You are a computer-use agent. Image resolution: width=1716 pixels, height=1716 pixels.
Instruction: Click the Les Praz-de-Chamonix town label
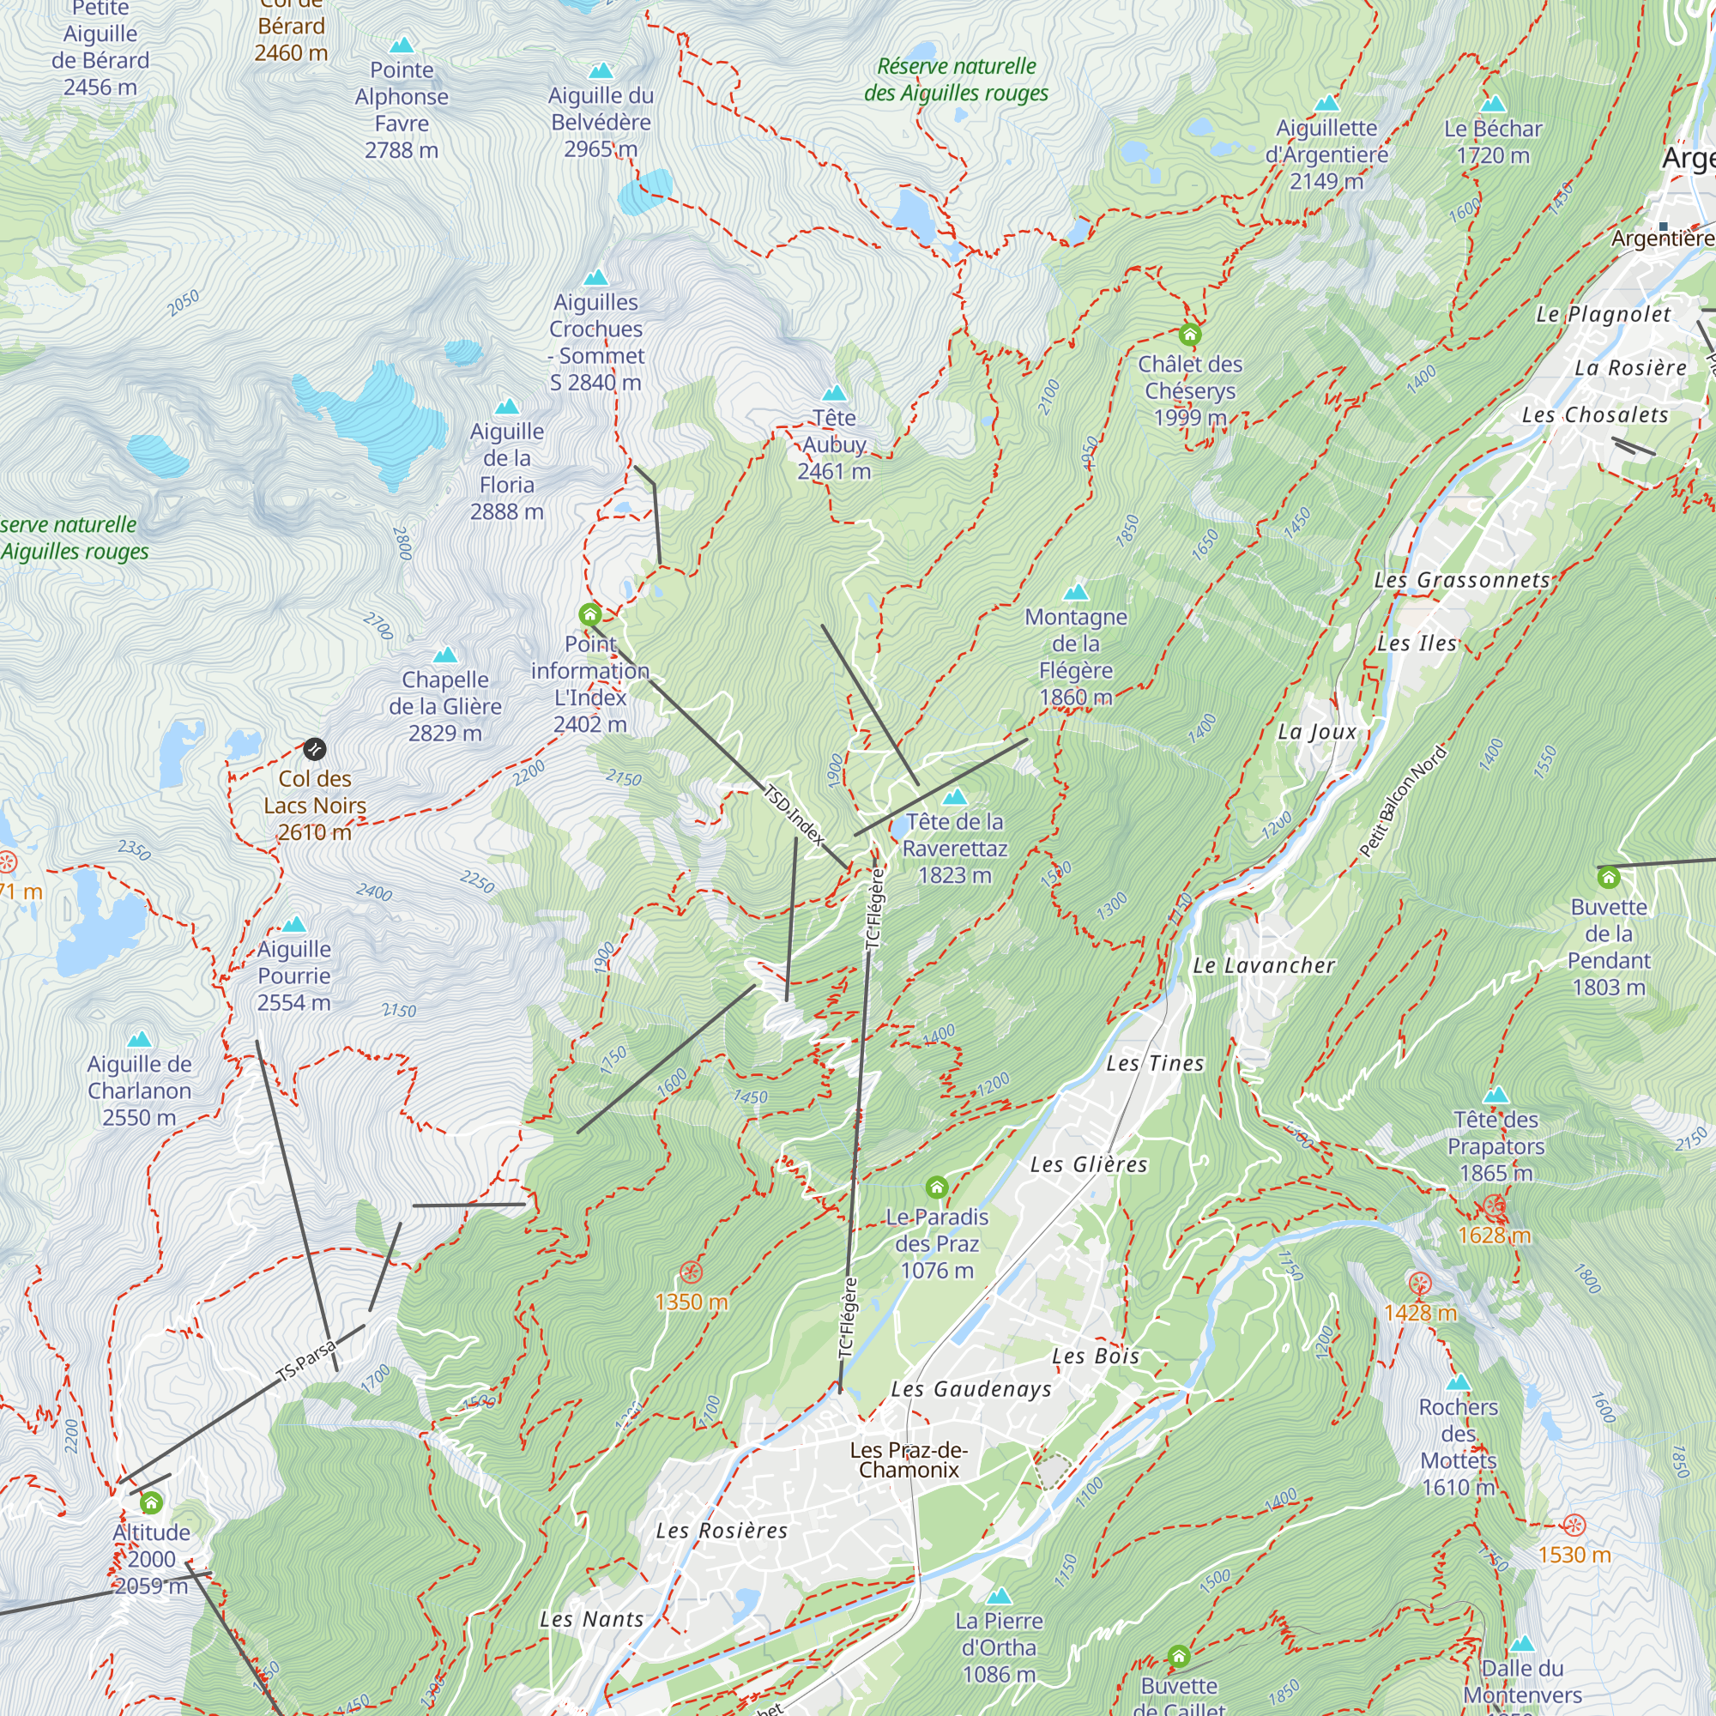909,1459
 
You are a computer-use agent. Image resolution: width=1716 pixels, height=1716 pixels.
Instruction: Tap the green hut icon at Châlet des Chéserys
1189,335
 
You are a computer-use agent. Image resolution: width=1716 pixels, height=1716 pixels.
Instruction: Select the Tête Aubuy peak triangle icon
834,394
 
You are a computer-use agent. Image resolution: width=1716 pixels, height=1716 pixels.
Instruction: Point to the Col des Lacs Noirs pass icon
314,750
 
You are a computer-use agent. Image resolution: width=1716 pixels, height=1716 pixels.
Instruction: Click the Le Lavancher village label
1263,965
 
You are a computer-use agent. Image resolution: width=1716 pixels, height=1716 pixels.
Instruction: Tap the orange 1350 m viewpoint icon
690,1272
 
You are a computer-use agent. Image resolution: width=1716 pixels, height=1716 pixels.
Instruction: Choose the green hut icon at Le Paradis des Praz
936,1187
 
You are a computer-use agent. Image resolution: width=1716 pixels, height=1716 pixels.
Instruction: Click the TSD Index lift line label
794,814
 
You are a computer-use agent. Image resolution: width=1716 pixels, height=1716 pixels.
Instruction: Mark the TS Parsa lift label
306,1360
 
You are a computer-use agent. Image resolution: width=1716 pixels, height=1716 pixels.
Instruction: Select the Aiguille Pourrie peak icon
294,925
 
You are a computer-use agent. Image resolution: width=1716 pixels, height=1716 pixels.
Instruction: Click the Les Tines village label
1155,1063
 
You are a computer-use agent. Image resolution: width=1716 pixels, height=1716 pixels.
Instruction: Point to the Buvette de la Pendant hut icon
1609,879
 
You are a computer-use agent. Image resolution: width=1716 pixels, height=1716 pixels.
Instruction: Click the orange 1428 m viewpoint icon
1419,1284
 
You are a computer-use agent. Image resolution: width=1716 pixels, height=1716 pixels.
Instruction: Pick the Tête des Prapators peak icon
1496,1095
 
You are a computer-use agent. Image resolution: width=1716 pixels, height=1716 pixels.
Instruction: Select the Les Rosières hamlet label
722,1531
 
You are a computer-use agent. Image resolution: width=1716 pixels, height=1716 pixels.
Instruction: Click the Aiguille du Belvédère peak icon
601,71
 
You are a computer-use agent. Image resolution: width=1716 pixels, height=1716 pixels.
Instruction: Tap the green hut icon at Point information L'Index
589,614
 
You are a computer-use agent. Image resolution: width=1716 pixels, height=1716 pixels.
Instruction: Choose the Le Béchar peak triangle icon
1493,104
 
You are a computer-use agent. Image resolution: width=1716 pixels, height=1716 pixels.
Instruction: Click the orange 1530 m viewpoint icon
1574,1526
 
